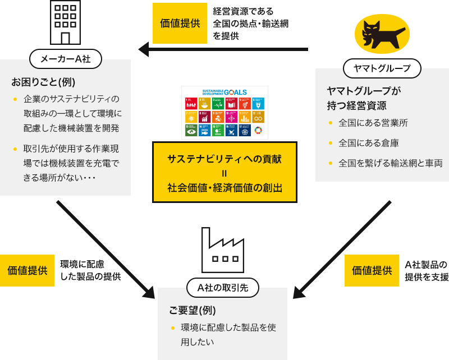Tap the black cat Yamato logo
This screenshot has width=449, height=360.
(x=382, y=34)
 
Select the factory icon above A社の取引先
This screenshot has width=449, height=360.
(x=222, y=252)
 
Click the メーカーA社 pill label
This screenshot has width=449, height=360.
(x=66, y=58)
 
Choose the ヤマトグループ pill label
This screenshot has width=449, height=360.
(x=382, y=68)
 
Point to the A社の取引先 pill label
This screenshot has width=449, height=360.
(x=223, y=288)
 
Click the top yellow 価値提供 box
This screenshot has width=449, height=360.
(x=180, y=24)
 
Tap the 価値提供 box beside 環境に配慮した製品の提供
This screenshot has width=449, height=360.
(x=27, y=270)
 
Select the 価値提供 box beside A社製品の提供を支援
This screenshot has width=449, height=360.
(x=372, y=270)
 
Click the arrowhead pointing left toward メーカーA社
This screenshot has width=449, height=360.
(x=144, y=49)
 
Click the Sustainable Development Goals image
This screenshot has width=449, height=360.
(x=224, y=112)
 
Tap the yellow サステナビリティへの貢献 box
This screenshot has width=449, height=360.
(x=224, y=172)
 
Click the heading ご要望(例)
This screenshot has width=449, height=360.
(x=193, y=310)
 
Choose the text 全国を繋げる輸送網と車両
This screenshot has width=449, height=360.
(x=390, y=163)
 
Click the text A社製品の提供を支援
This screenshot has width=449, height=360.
(x=427, y=270)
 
